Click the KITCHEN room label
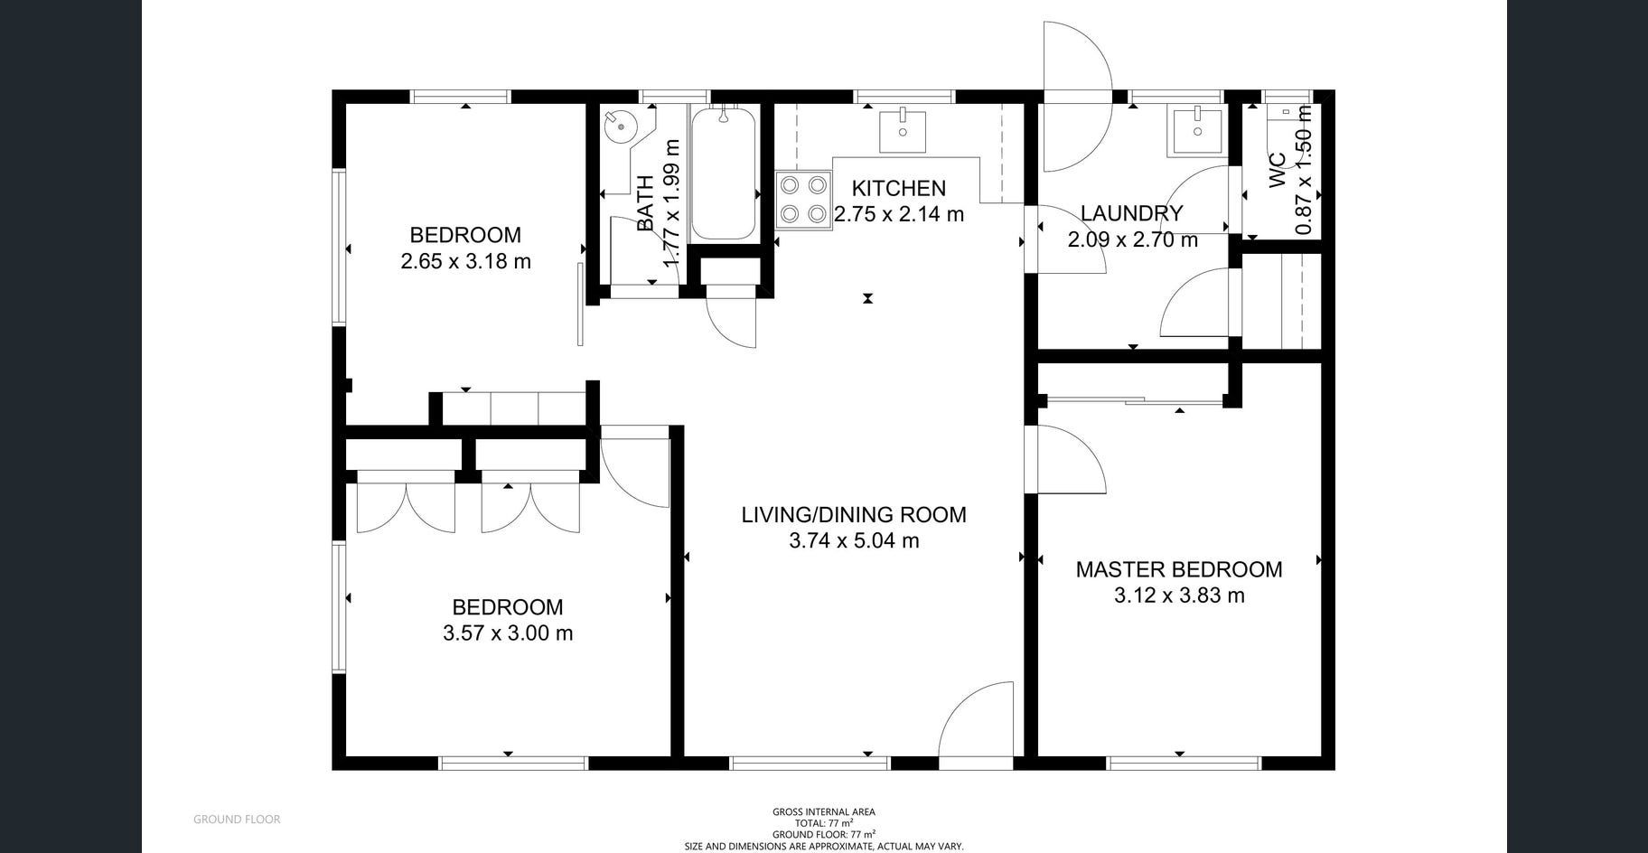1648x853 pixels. (899, 189)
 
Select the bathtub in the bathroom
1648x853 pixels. (724, 173)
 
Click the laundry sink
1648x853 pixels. (1197, 132)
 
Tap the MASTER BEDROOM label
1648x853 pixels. (1179, 570)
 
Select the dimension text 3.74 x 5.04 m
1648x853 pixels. (854, 541)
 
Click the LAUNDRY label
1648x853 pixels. (1132, 214)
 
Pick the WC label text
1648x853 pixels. (1278, 172)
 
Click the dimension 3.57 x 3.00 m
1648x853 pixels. (508, 633)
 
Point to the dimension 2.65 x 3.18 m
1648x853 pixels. (465, 262)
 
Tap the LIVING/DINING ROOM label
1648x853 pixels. (854, 515)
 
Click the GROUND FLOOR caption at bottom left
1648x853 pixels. (237, 820)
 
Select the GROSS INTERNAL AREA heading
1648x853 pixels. (824, 812)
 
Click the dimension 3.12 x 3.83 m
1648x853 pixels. (1179, 596)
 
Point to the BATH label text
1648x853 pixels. (645, 203)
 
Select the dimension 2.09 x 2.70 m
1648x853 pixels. (1133, 240)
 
